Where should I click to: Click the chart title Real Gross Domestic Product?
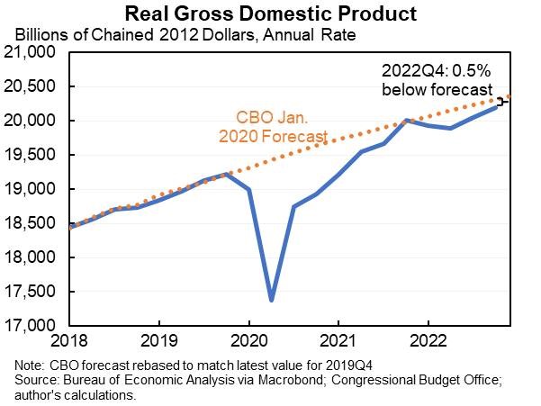click(270, 14)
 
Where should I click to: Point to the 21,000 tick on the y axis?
click(33, 53)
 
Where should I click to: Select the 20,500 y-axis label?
click(33, 87)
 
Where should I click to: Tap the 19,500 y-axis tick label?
click(33, 155)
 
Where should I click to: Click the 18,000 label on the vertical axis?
click(33, 257)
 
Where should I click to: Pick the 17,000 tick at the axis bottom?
click(33, 325)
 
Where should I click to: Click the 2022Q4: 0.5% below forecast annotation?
click(435, 81)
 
